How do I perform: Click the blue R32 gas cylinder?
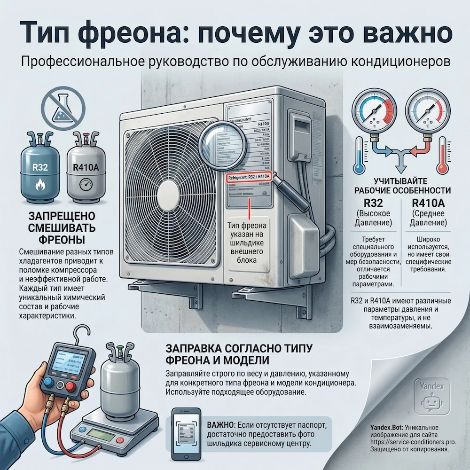click(39, 169)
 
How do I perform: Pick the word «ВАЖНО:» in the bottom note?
click(219, 425)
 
